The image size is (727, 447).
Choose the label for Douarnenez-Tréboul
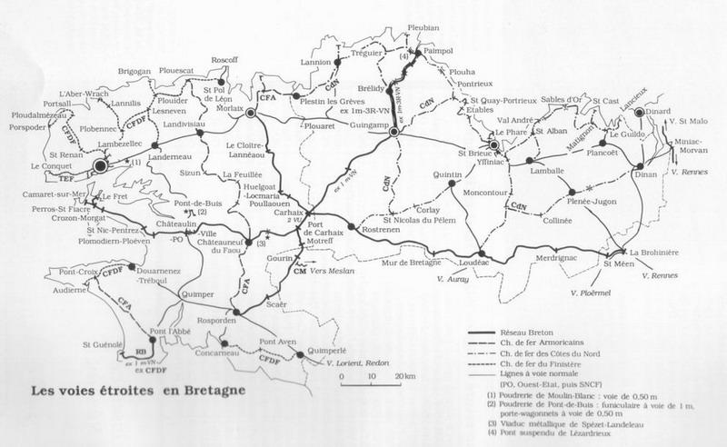(x=158, y=276)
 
